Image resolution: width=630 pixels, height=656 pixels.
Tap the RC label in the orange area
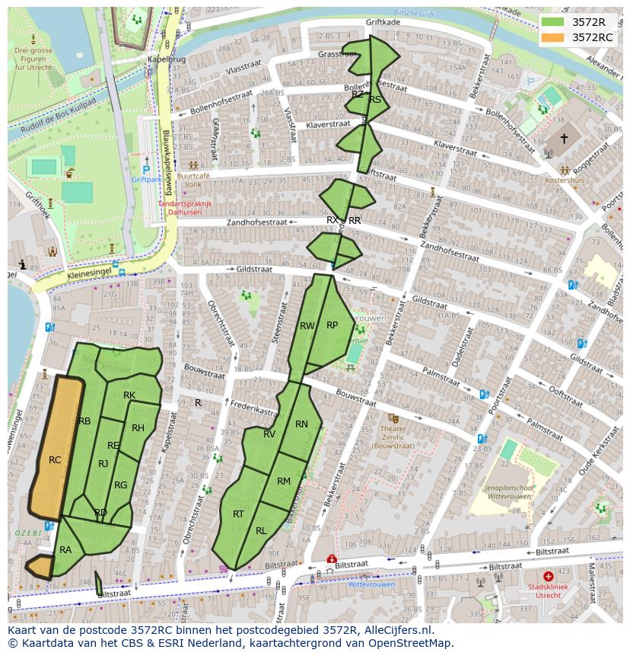(55, 460)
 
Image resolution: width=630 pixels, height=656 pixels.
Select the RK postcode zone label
(129, 395)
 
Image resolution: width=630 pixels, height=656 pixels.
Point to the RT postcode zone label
(238, 514)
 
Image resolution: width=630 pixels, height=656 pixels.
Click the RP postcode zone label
(332, 325)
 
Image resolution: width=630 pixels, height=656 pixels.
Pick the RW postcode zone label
(307, 326)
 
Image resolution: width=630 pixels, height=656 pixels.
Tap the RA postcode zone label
(65, 549)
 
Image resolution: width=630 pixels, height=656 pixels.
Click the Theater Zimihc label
(393, 431)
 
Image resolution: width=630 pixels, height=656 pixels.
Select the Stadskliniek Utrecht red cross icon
(549, 578)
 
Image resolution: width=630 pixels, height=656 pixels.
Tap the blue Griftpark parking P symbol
(146, 170)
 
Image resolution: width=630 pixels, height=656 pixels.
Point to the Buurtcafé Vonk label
(192, 179)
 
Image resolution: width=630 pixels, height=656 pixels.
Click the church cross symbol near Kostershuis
(564, 139)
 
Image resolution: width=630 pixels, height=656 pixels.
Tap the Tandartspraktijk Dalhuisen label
(185, 208)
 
